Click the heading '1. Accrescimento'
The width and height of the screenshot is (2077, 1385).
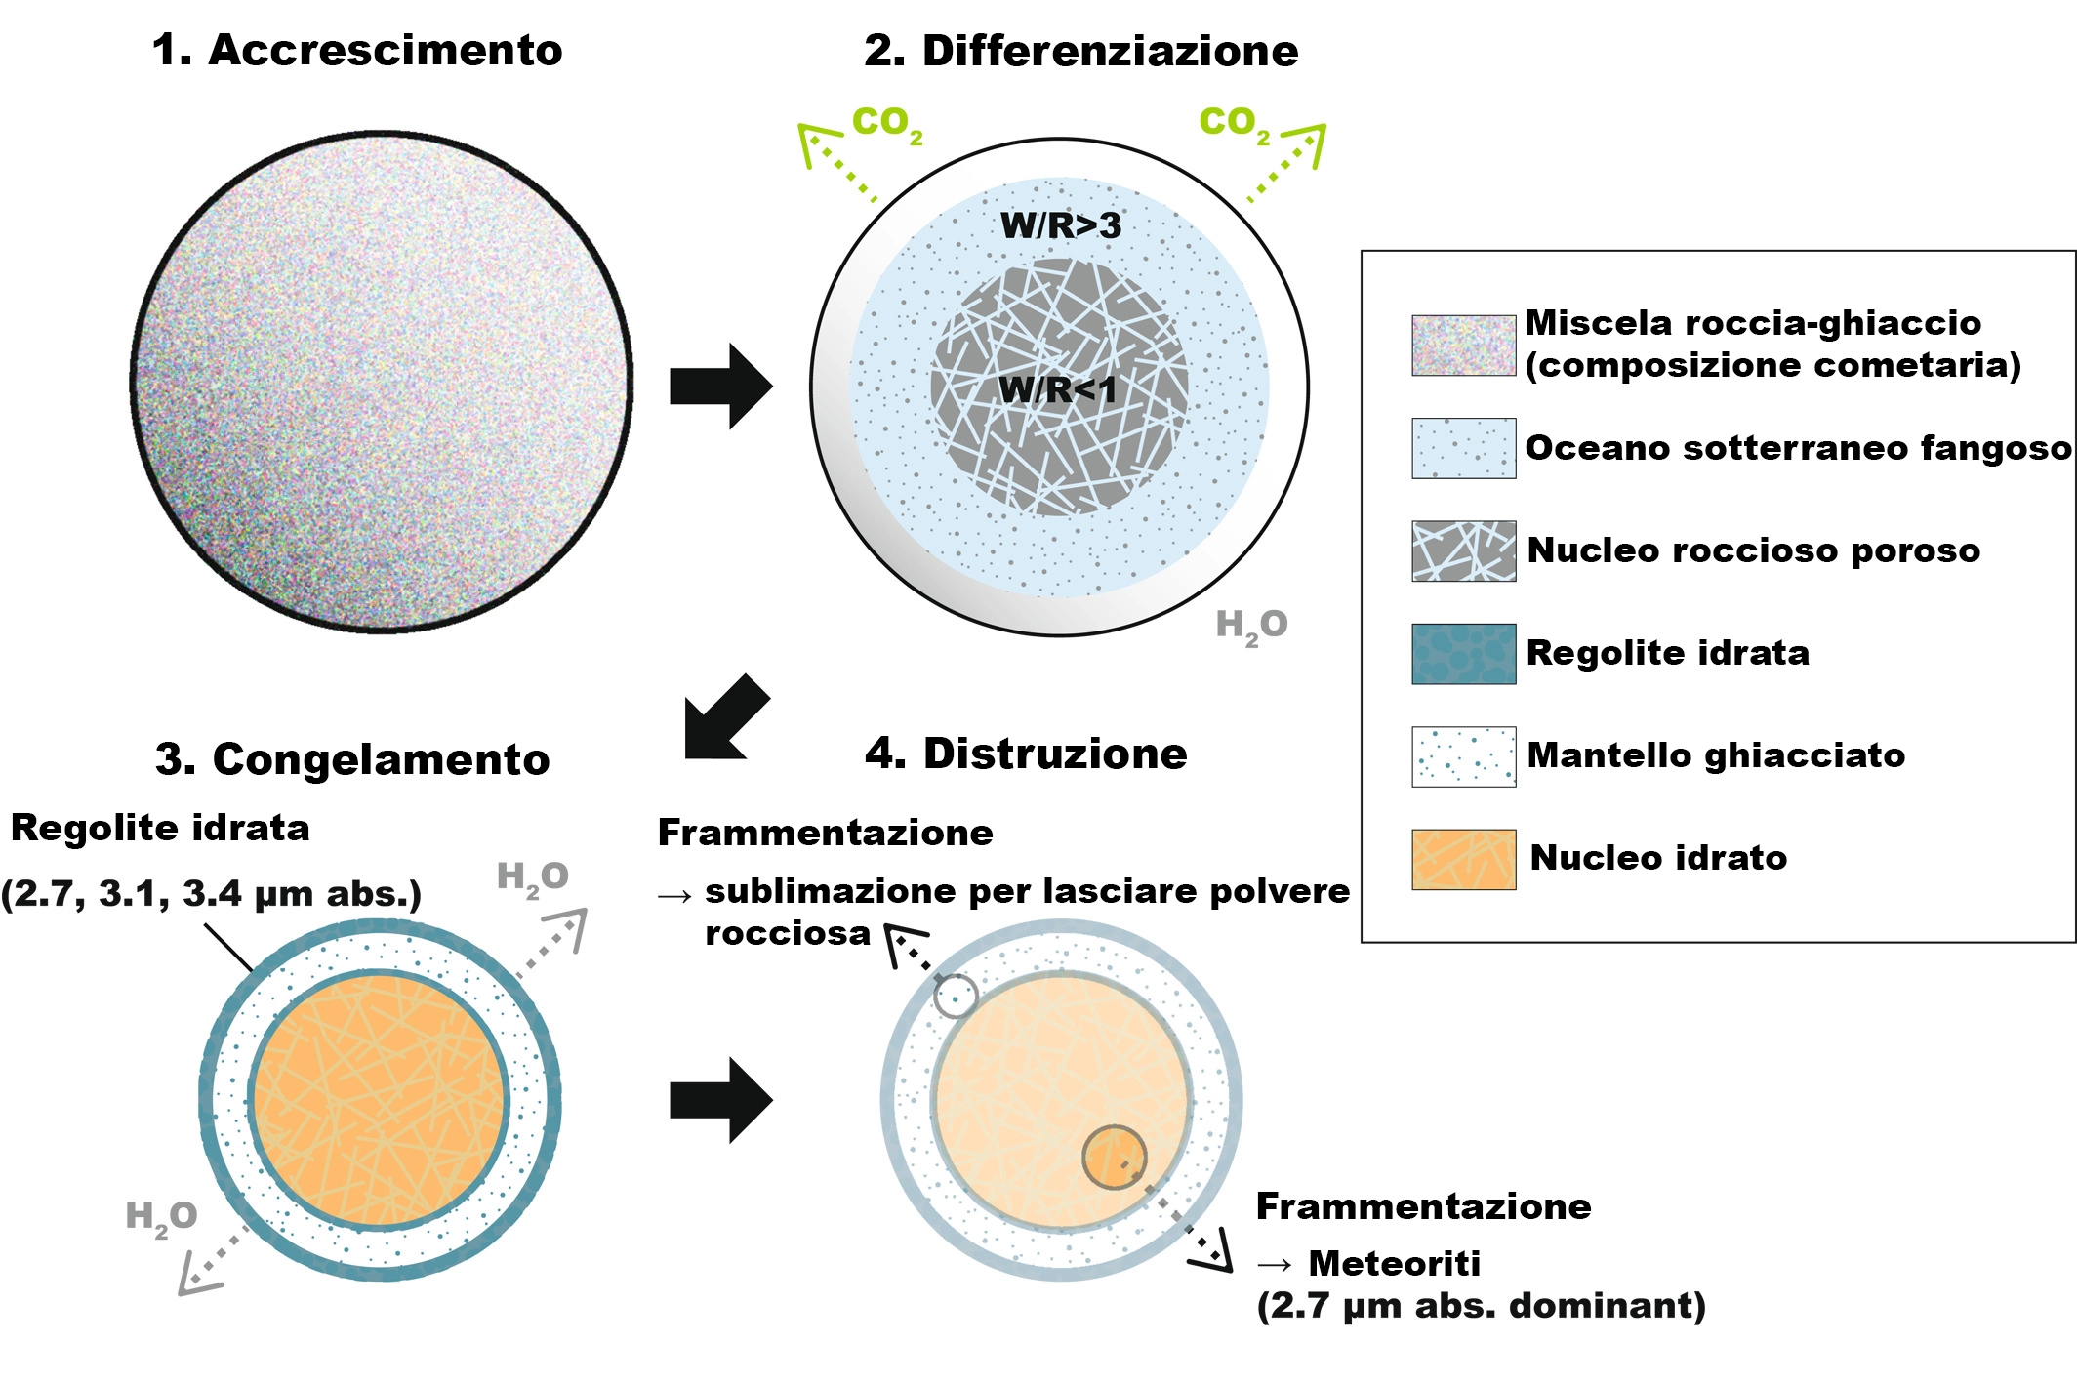(x=357, y=51)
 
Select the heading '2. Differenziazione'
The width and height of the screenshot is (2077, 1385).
(x=1080, y=52)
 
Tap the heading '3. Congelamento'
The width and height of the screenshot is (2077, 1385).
(x=352, y=759)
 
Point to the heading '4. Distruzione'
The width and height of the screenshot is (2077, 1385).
(x=1026, y=754)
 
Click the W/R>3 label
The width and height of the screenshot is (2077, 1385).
(x=1061, y=225)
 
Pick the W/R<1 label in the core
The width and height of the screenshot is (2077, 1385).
(x=1057, y=390)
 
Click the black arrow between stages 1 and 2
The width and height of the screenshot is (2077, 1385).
(x=720, y=387)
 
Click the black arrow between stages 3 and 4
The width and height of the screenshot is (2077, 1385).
(x=720, y=1100)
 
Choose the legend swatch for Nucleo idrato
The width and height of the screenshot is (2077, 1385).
(x=1463, y=859)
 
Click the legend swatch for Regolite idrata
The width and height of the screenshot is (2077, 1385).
(x=1463, y=654)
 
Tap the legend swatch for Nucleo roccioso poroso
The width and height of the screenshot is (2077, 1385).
(x=1463, y=551)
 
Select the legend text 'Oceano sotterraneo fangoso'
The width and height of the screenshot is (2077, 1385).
(x=1797, y=448)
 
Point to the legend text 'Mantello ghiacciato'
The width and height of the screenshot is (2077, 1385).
(x=1715, y=755)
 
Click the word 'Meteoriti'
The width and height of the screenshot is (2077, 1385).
(x=1394, y=1263)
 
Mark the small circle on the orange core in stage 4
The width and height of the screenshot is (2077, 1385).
(x=1114, y=1158)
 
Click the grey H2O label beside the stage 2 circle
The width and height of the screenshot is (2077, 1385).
(x=1251, y=626)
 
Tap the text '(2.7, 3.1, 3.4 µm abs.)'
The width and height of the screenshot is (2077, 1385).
(x=211, y=894)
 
